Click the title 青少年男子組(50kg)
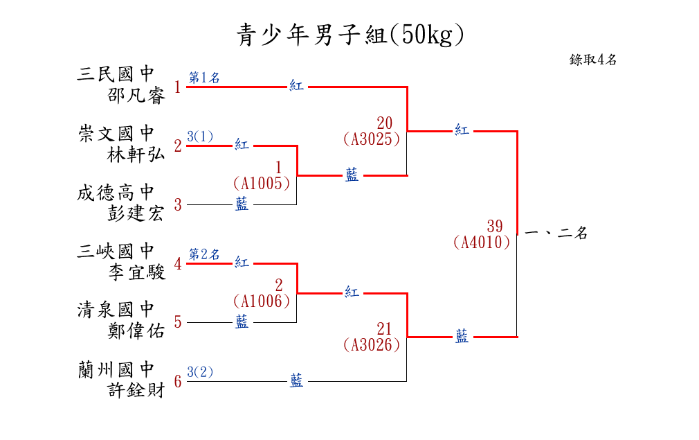tap(349, 35)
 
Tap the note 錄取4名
tap(593, 60)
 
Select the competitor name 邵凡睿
tap(137, 96)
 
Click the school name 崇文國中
tap(116, 133)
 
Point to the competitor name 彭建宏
tap(136, 213)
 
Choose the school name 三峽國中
tap(116, 251)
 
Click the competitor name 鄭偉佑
tap(136, 331)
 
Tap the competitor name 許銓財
tap(136, 390)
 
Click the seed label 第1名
tap(204, 78)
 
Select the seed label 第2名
tap(204, 254)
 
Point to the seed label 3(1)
tap(200, 137)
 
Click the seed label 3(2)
tap(200, 372)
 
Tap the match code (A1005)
tap(262, 184)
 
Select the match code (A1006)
tap(262, 301)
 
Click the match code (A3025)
tap(372, 139)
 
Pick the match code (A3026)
tap(372, 344)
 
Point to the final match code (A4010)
tap(482, 243)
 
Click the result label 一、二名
tap(556, 234)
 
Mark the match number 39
tap(494, 226)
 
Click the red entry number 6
tap(178, 382)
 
